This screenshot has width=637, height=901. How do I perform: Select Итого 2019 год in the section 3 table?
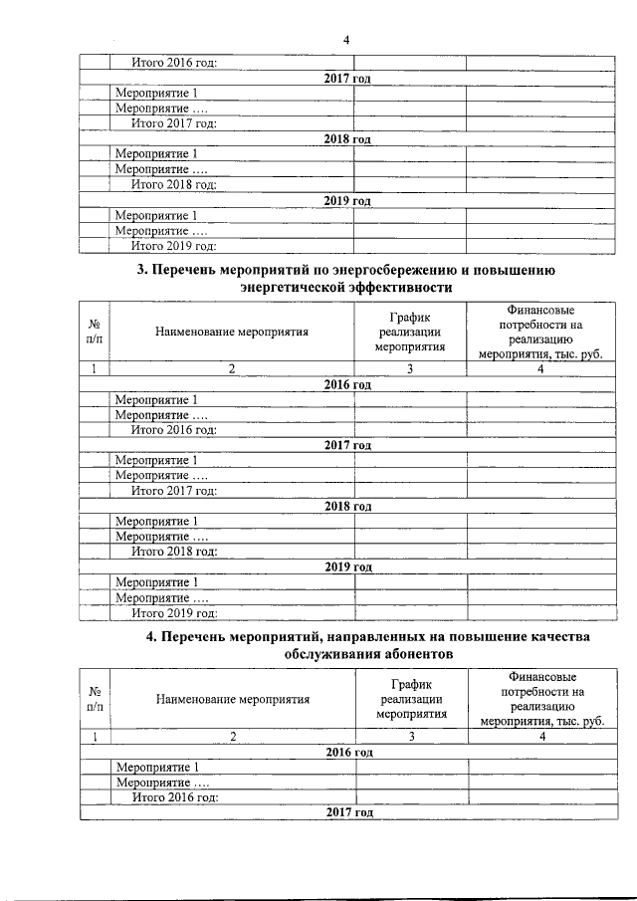point(174,613)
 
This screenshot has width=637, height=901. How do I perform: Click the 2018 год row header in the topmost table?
point(347,139)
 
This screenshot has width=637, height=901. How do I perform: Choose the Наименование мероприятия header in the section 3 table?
point(232,332)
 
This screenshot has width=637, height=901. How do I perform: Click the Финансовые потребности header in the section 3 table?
point(540,332)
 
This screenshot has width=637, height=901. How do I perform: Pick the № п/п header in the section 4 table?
point(96,699)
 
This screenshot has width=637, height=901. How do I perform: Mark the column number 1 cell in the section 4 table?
point(96,737)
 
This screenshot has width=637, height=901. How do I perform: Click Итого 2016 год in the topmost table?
point(174,64)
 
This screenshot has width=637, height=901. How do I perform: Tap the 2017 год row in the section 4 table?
point(348,812)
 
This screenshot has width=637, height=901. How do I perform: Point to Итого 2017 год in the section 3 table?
point(174,491)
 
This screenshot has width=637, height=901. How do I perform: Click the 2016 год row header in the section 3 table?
point(347,384)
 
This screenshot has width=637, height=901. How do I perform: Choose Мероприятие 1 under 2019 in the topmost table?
point(156,216)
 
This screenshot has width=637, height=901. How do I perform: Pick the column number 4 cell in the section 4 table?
point(541,737)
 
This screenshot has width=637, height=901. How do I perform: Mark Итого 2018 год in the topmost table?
point(174,185)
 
